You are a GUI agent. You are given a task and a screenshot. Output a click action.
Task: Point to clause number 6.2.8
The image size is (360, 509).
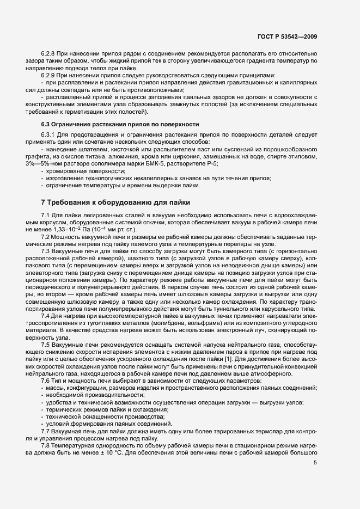coord(50,53)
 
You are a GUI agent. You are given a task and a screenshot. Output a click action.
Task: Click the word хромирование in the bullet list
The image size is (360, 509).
coord(67,171)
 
